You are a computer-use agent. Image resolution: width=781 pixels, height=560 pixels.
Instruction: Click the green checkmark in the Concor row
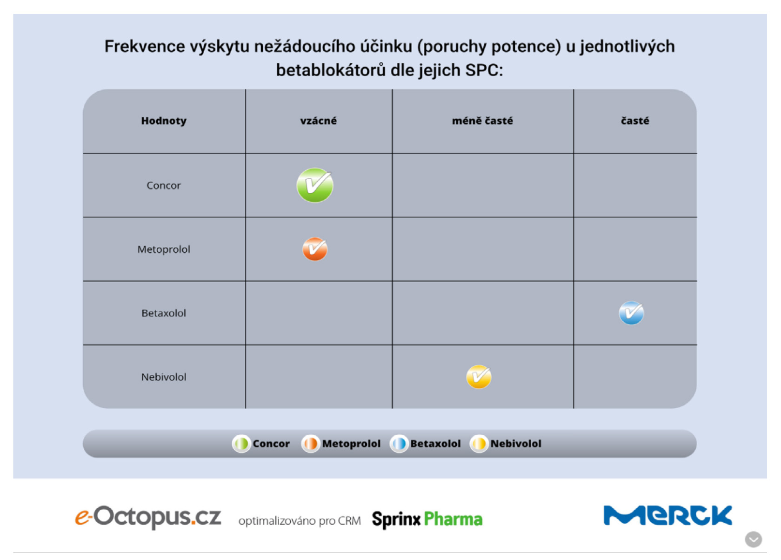point(315,185)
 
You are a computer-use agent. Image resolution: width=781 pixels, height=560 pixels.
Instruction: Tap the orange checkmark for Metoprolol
point(315,249)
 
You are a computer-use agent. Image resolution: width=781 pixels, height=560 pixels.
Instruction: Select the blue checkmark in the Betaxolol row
point(631,313)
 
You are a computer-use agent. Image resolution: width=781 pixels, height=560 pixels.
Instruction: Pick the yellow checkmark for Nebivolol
point(479,377)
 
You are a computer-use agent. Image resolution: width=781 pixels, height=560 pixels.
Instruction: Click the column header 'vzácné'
point(318,121)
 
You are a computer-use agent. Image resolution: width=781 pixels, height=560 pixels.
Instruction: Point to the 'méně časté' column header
point(482,121)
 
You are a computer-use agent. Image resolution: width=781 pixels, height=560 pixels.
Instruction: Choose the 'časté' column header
point(635,121)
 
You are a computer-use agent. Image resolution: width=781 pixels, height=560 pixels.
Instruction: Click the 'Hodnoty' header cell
point(164,121)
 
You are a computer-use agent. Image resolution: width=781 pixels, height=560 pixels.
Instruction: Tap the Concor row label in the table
point(164,185)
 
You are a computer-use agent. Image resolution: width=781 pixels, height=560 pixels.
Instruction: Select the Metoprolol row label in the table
point(164,249)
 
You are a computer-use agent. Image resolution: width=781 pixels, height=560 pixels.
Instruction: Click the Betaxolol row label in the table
point(164,313)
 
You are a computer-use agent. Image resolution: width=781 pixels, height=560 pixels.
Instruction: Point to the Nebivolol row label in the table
point(164,377)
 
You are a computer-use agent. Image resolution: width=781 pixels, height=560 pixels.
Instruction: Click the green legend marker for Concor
point(241,444)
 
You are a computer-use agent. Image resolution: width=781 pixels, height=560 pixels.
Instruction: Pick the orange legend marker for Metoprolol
point(310,444)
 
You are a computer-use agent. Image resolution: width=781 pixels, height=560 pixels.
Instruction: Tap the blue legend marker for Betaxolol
point(399,444)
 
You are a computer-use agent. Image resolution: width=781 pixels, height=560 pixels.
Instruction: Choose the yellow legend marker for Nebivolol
point(479,444)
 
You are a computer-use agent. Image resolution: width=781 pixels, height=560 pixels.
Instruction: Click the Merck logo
point(668,516)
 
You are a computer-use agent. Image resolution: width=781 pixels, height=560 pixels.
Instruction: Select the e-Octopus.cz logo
point(148,517)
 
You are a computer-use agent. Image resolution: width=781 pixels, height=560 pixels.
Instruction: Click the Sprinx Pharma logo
point(427,519)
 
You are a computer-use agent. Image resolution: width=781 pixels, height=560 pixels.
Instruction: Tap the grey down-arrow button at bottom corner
point(753,540)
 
